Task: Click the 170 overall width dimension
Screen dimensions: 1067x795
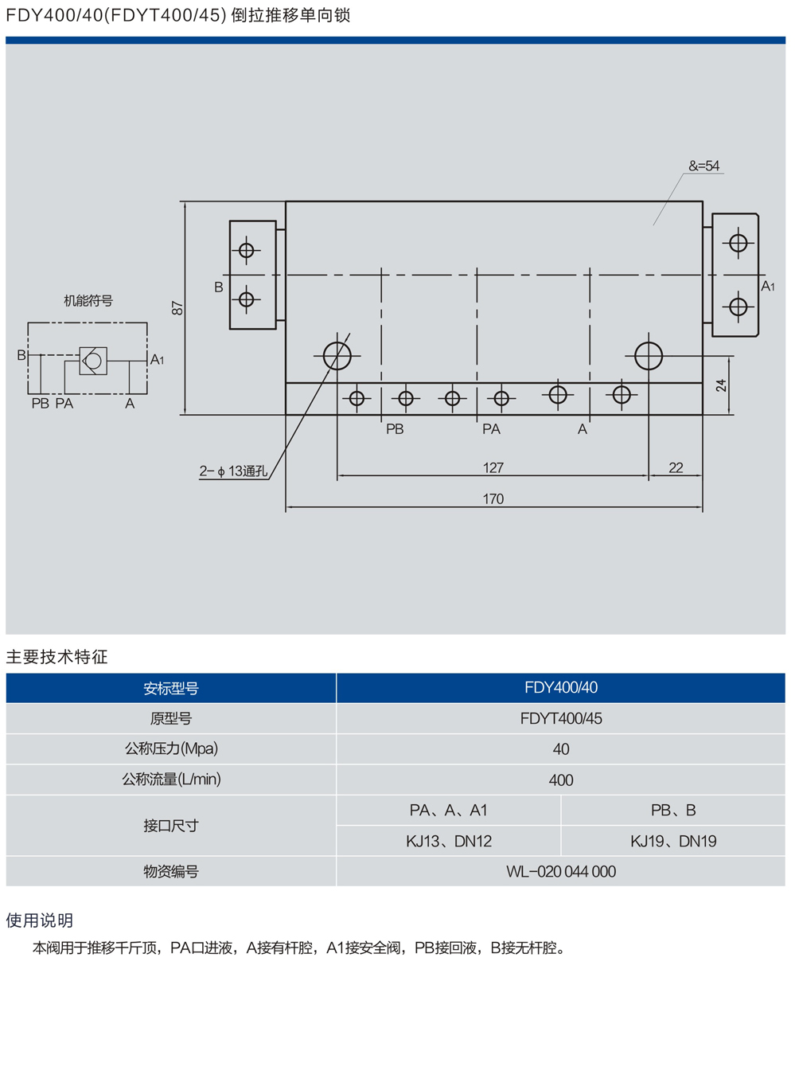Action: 493,499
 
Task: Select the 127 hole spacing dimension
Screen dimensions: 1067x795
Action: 493,468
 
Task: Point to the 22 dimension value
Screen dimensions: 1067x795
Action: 676,468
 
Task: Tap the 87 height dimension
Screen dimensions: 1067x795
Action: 177,308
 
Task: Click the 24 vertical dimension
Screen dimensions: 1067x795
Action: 721,385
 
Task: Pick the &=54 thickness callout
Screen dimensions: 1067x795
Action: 703,166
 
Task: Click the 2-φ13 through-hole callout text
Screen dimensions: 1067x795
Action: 233,471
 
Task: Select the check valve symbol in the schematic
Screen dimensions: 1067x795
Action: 93,361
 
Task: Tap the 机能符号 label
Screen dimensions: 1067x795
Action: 88,301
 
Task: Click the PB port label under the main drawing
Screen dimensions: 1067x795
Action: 395,429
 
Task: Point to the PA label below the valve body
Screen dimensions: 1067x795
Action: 491,429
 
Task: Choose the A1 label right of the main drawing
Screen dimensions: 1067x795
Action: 767,287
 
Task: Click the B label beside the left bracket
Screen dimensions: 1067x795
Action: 219,287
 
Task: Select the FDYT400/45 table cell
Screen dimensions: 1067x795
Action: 561,718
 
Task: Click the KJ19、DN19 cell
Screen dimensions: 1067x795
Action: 673,841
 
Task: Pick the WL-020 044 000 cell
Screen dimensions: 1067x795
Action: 561,871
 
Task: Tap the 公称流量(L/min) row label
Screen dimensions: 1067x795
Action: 171,780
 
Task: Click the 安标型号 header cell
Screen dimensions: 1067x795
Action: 171,688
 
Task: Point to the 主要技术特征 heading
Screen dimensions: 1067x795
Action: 57,657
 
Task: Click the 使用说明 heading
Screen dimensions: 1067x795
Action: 40,920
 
